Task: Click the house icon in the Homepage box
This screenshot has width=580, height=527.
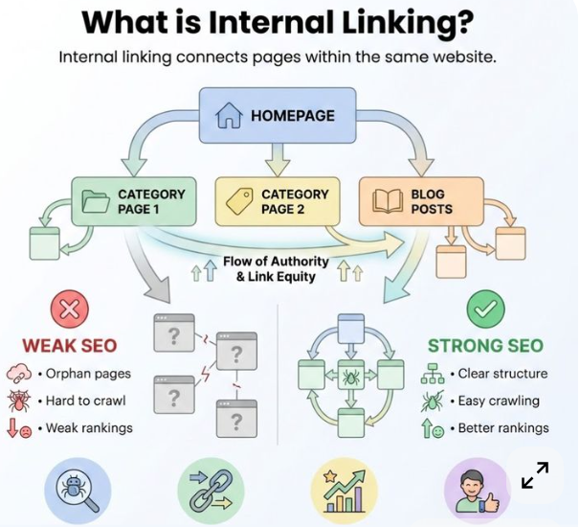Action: click(x=228, y=116)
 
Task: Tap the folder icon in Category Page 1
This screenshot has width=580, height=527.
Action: click(x=95, y=201)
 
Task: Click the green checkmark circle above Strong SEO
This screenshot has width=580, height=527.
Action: click(x=485, y=309)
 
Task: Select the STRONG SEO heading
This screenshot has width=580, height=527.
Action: click(x=485, y=346)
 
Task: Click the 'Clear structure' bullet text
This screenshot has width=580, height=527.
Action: click(x=502, y=374)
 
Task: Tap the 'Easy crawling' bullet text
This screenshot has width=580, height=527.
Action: click(x=499, y=401)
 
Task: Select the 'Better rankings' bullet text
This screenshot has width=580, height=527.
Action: click(x=503, y=428)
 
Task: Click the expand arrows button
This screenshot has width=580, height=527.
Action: click(x=535, y=475)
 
